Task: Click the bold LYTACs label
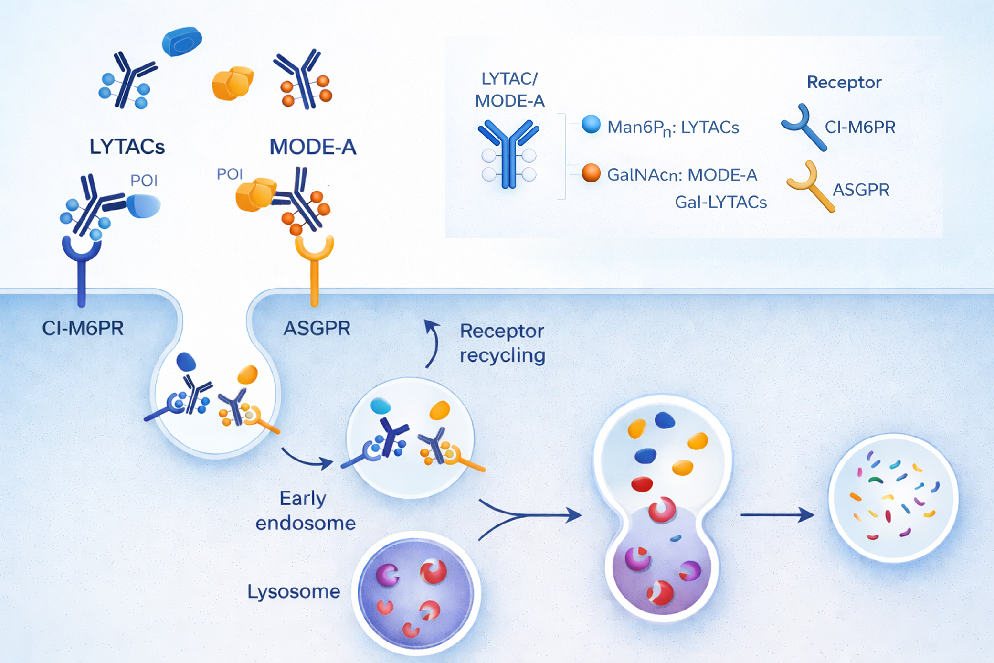127,147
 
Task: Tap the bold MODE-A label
313,147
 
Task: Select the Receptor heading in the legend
844,82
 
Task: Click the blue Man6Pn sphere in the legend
591,124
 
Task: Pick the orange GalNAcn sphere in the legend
591,173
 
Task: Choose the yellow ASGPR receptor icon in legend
811,186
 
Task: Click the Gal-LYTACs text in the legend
720,203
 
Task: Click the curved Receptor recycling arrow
433,343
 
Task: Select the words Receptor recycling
502,343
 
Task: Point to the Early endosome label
305,511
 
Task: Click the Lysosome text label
293,591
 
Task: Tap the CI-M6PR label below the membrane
83,328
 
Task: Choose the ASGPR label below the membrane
317,328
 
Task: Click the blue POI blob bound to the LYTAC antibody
144,206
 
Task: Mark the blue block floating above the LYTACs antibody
181,42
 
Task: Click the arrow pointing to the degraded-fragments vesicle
777,514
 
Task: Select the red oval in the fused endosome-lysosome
642,484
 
